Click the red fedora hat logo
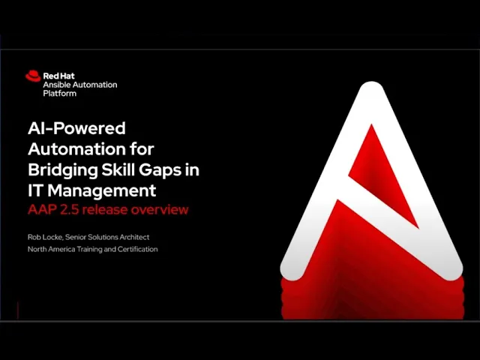[33, 76]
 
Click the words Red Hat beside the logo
[58, 76]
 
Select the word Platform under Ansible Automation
[60, 93]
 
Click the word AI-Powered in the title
[76, 128]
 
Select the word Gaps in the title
[158, 171]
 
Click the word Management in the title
[102, 191]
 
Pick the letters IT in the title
[35, 190]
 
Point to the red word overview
[160, 210]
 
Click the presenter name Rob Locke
[45, 237]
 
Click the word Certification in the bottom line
[138, 249]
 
